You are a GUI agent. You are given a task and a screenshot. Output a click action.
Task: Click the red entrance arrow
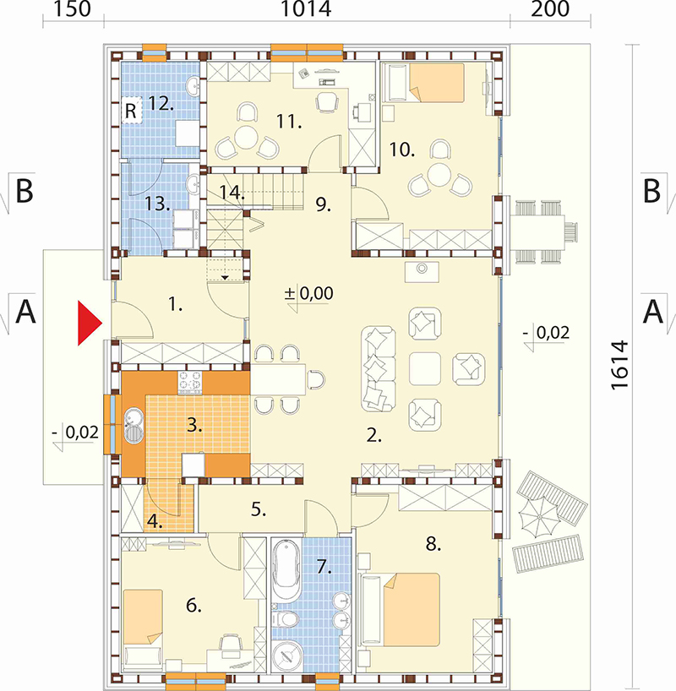(x=90, y=323)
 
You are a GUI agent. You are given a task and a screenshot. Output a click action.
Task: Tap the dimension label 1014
(x=306, y=8)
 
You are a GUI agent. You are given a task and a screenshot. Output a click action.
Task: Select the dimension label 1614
(x=620, y=364)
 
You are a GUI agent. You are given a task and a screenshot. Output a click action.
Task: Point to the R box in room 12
(x=132, y=110)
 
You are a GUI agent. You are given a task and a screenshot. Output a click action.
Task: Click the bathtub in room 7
(x=286, y=570)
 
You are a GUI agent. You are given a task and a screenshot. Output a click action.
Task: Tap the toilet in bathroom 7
(x=285, y=619)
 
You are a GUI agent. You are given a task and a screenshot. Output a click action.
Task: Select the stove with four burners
(x=190, y=383)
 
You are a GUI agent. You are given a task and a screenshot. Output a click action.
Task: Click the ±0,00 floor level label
(x=308, y=293)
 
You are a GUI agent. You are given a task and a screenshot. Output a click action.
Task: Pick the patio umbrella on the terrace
(x=539, y=516)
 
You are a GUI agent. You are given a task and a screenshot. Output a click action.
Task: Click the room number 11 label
(x=289, y=121)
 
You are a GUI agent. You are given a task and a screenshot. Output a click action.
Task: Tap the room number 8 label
(x=433, y=544)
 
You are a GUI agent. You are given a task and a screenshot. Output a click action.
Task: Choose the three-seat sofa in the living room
(x=378, y=369)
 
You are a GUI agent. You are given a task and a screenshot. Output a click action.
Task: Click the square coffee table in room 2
(x=425, y=369)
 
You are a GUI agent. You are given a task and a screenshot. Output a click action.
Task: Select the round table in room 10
(x=439, y=175)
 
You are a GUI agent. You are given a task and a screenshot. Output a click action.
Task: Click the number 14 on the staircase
(x=232, y=192)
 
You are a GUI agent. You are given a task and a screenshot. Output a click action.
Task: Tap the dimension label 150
(x=73, y=8)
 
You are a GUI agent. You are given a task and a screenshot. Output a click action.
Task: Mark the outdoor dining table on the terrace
(x=537, y=229)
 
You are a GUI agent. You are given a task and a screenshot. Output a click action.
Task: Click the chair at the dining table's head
(x=317, y=379)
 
